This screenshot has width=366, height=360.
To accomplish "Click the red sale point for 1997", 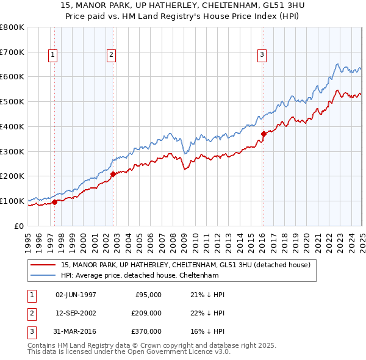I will coord(55,202).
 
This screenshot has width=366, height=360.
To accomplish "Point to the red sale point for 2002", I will coord(113,174).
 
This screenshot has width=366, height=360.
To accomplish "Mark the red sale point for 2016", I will coord(264,134).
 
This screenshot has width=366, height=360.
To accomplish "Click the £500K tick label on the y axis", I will coord(12,101).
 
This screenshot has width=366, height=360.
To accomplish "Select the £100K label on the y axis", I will coord(12,201).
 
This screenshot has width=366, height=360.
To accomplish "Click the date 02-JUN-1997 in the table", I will coord(76,295).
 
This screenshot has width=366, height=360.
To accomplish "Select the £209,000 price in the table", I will coord(146,313).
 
